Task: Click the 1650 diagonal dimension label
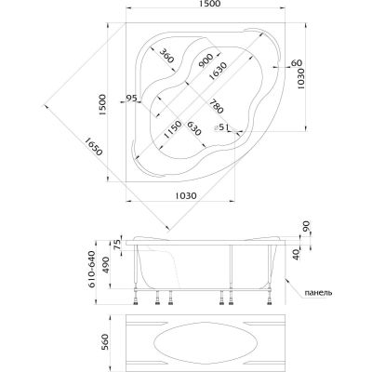(93, 146)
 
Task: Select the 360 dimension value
(167, 56)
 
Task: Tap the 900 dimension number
(206, 60)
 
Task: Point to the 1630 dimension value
(218, 72)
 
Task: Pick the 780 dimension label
(216, 106)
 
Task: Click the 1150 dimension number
(172, 129)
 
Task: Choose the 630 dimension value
(194, 128)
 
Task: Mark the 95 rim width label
(131, 98)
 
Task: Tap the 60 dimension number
(296, 62)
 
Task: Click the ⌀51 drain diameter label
(221, 126)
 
